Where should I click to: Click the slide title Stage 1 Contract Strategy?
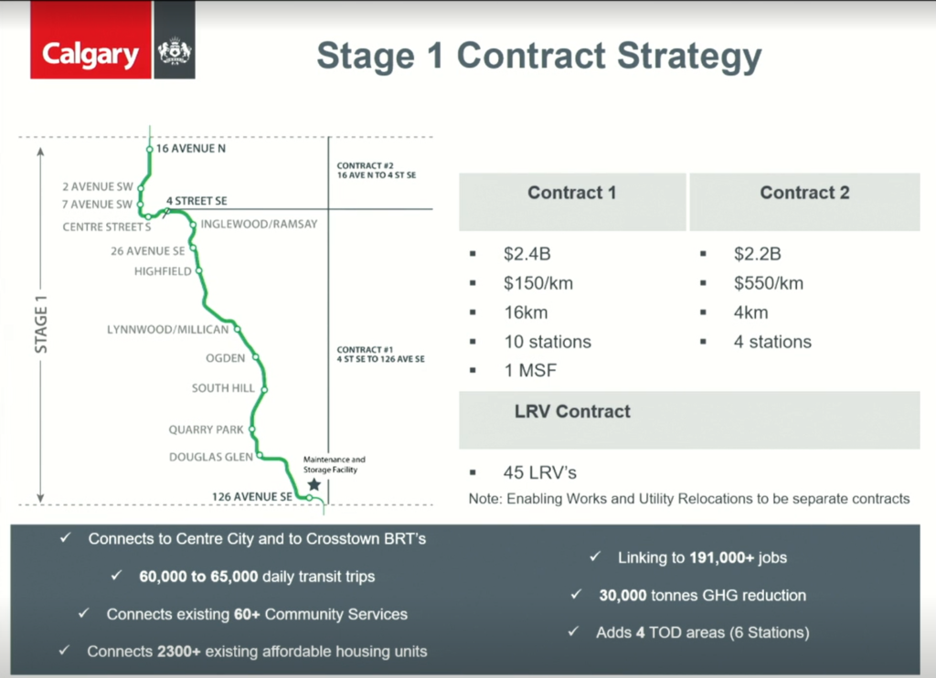[538, 56]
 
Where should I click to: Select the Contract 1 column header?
[571, 193]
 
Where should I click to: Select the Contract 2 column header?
[804, 193]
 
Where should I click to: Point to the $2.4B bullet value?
[527, 254]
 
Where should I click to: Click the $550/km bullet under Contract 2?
[768, 283]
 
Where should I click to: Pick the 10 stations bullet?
[548, 342]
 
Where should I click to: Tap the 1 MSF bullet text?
[529, 371]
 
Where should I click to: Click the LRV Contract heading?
[572, 411]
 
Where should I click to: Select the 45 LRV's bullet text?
[540, 473]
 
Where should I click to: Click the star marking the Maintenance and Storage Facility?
[314, 484]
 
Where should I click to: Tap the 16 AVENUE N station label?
[190, 147]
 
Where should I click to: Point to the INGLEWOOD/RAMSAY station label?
[259, 224]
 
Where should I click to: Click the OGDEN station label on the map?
[225, 358]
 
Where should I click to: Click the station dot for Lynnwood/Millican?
[237, 329]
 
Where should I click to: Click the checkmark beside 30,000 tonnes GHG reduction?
[576, 595]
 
